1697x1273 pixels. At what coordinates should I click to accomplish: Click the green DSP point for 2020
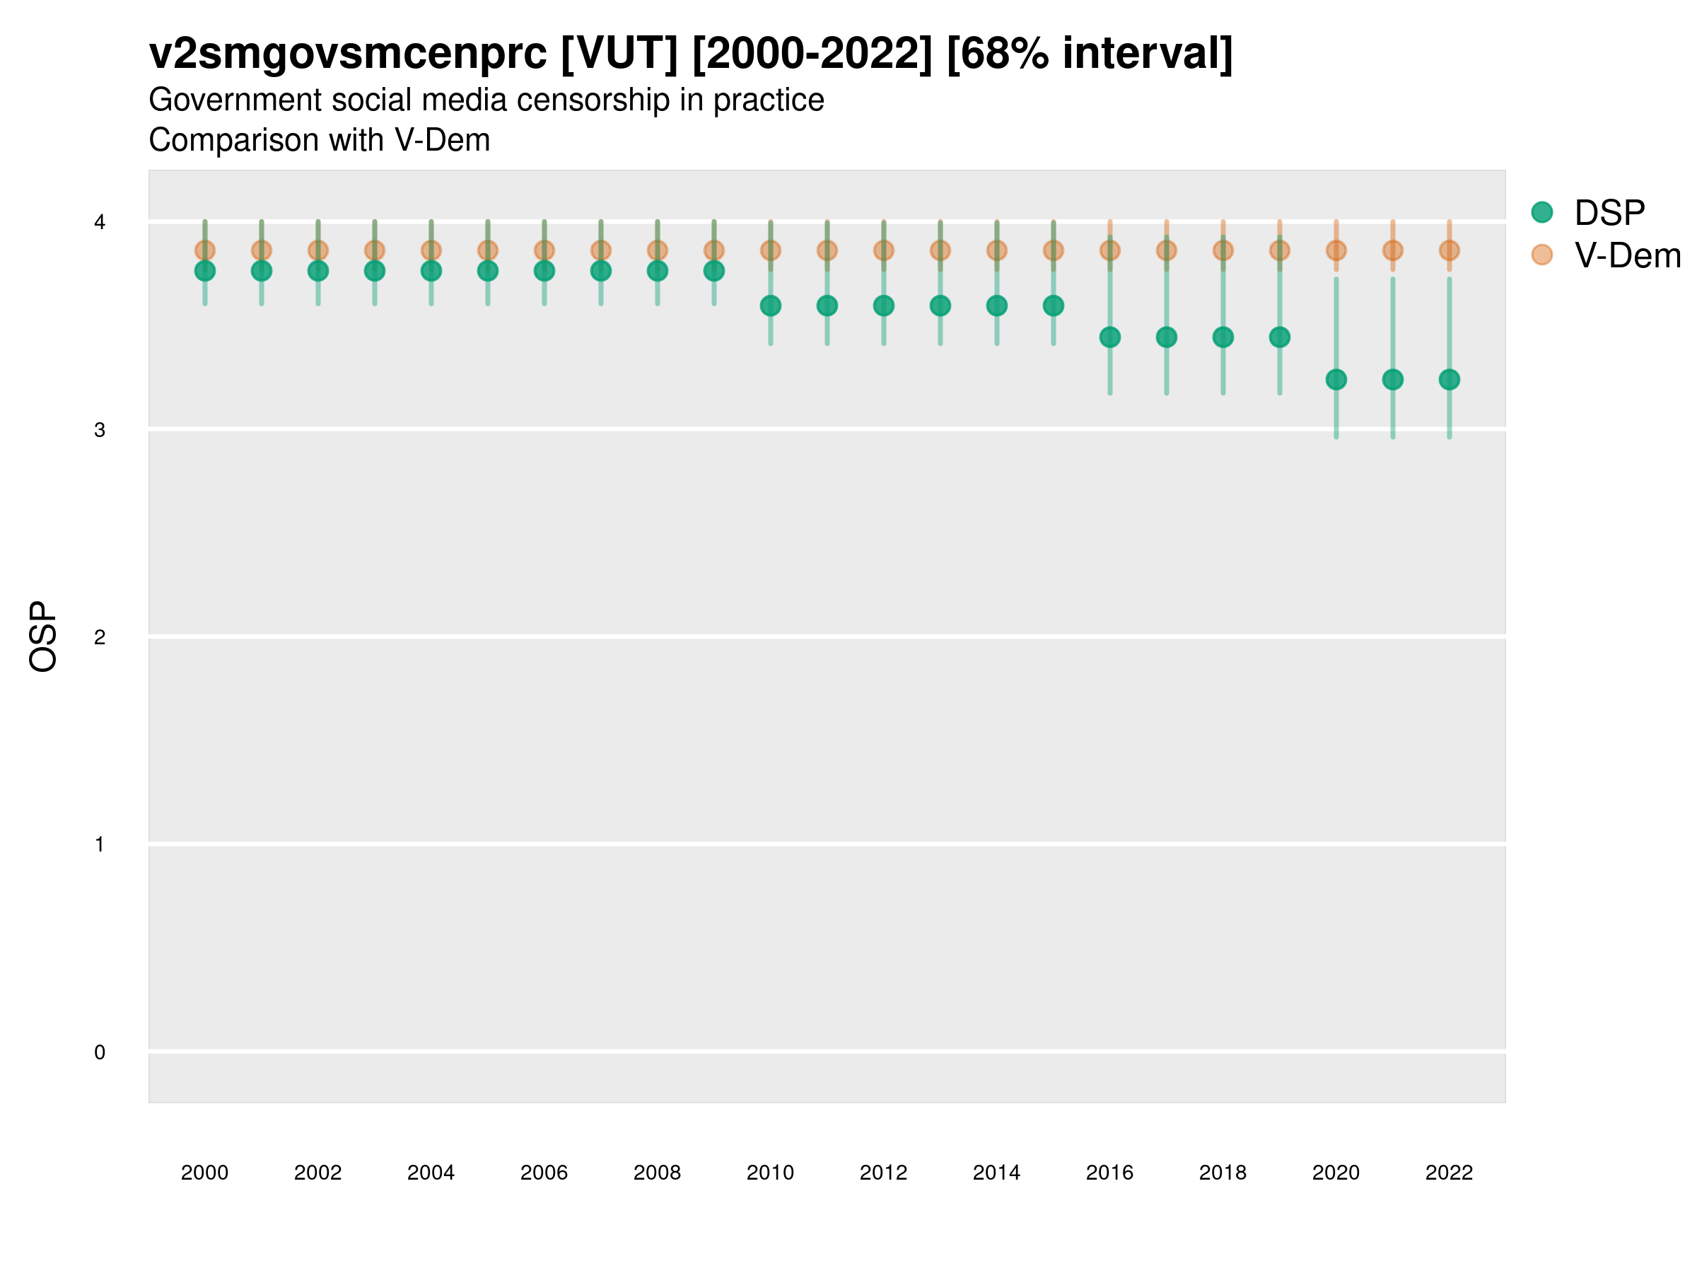(1336, 379)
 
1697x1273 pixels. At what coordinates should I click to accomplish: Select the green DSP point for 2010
(770, 306)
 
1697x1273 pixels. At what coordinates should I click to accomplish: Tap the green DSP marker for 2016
(1109, 337)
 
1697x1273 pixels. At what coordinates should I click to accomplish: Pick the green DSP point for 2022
(1450, 379)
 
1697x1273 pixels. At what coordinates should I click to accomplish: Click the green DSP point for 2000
(205, 271)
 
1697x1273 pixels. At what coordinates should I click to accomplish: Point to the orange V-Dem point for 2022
(1450, 250)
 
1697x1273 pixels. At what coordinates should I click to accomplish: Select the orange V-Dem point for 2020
(1336, 250)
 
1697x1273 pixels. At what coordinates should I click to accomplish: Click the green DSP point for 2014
(996, 306)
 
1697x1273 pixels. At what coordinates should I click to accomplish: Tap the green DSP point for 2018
(1223, 337)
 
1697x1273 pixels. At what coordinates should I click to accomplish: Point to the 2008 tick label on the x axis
(657, 1173)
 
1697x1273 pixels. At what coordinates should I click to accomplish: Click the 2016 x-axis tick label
(1109, 1173)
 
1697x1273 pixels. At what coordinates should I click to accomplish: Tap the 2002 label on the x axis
(317, 1173)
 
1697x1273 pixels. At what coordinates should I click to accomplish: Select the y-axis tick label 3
(100, 430)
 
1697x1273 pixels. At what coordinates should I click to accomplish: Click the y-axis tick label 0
(100, 1052)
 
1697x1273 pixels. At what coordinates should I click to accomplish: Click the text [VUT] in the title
(619, 54)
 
